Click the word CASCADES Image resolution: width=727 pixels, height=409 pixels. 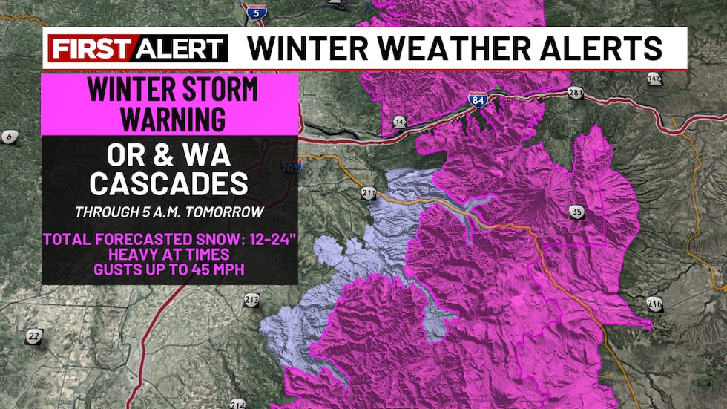(169, 182)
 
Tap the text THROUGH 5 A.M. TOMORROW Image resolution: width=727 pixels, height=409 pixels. (169, 212)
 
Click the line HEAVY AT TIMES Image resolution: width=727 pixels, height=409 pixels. (169, 254)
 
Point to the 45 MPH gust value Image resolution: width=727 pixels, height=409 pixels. (215, 268)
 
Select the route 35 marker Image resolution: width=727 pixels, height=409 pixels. (577, 212)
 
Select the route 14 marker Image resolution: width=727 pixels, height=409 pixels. (400, 121)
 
